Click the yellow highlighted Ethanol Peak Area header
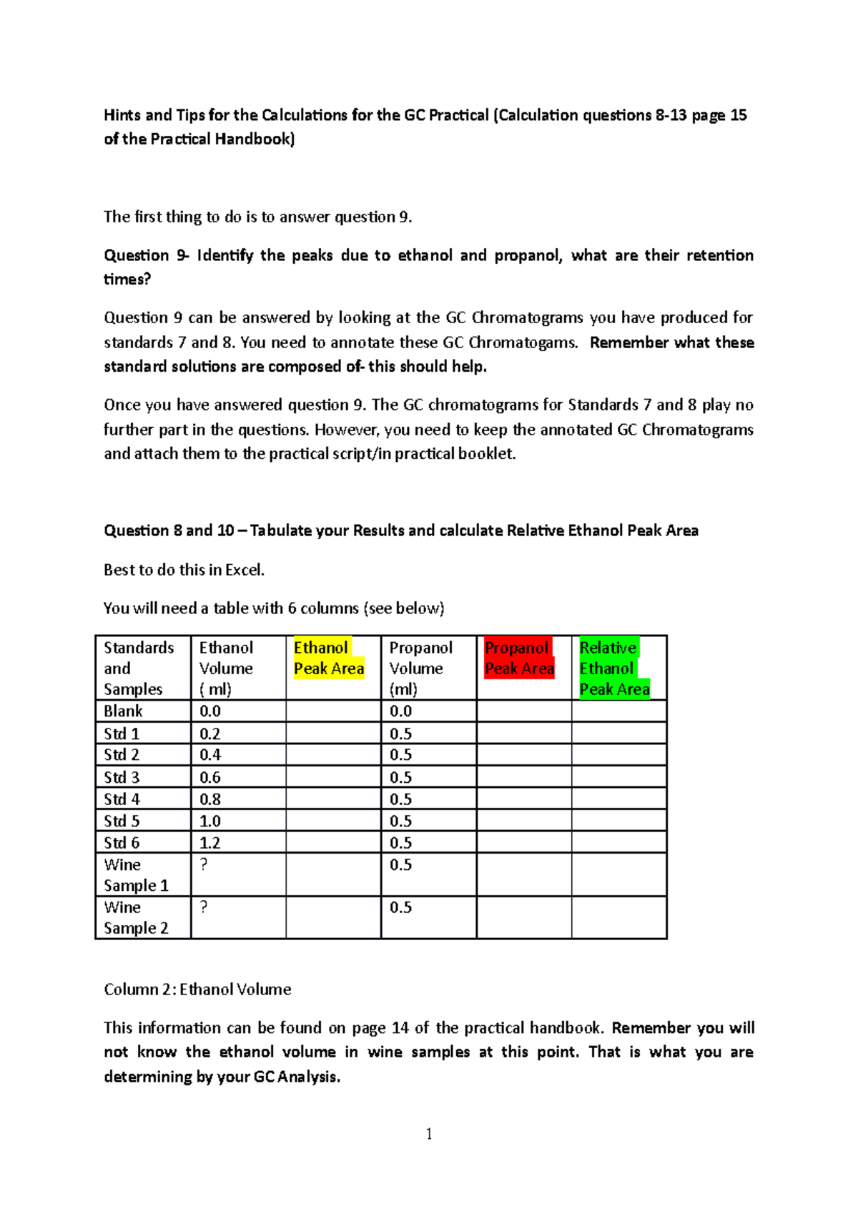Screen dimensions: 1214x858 click(329, 658)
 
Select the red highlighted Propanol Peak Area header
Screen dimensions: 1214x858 click(519, 658)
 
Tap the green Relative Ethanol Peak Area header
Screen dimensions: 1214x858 click(614, 668)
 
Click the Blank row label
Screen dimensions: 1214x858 click(123, 711)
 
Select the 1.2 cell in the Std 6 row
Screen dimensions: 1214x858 click(209, 842)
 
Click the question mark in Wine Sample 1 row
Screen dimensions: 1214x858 click(204, 864)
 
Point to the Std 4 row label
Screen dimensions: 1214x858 click(122, 799)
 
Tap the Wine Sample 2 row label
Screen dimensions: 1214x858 click(136, 917)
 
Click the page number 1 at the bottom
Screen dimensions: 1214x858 click(428, 1134)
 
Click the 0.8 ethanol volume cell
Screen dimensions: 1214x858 click(209, 799)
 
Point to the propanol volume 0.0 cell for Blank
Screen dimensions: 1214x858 click(400, 711)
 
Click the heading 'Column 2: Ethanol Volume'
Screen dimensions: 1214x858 click(197, 990)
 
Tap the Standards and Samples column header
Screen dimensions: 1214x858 click(139, 668)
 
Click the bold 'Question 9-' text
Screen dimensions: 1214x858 click(146, 255)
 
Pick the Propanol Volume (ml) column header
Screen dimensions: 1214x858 click(420, 668)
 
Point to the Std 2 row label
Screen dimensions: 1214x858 click(122, 754)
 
